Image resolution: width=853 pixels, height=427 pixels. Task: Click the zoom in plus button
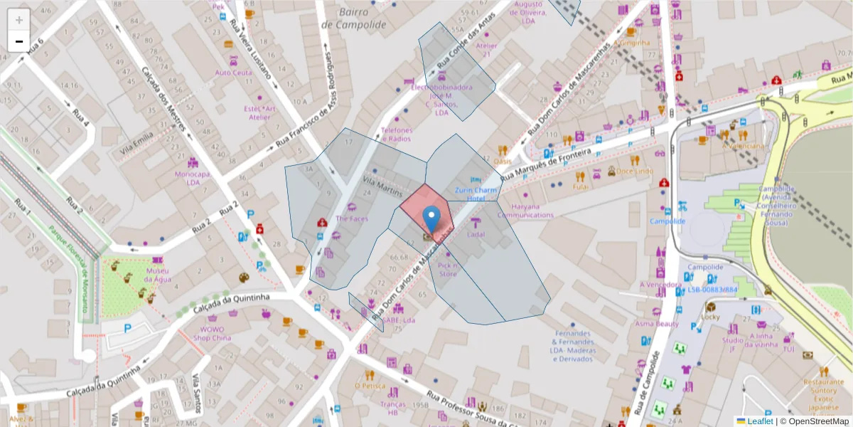click(x=19, y=20)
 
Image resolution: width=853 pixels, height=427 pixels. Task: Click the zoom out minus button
click(x=19, y=41)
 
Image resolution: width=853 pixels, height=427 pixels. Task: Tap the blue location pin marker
click(x=431, y=218)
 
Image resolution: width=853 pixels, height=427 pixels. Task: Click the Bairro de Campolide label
click(x=353, y=19)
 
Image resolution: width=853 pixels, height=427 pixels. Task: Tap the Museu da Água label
click(x=159, y=275)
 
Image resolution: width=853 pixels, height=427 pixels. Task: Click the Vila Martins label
click(x=382, y=189)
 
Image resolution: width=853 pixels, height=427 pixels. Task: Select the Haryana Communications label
click(x=525, y=211)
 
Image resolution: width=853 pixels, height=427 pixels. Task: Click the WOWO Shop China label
click(x=212, y=334)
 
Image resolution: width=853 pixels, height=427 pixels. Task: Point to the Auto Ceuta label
click(x=233, y=73)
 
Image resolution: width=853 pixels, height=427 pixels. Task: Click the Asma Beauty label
click(x=657, y=323)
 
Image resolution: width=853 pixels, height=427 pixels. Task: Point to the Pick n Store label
click(x=448, y=269)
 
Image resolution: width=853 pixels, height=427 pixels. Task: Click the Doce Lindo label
click(x=634, y=171)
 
